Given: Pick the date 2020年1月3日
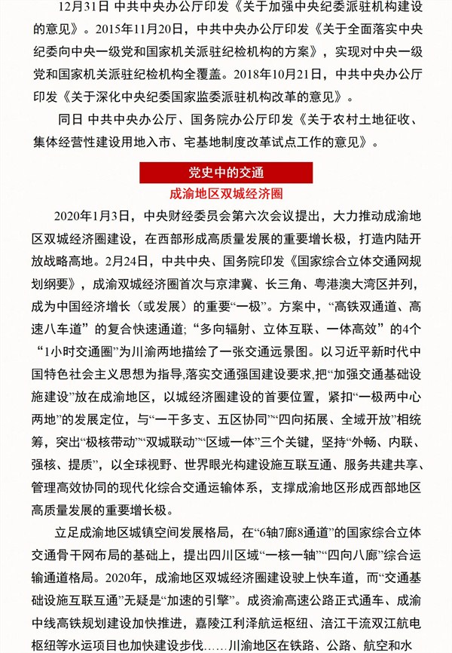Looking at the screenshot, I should coord(96,216).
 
